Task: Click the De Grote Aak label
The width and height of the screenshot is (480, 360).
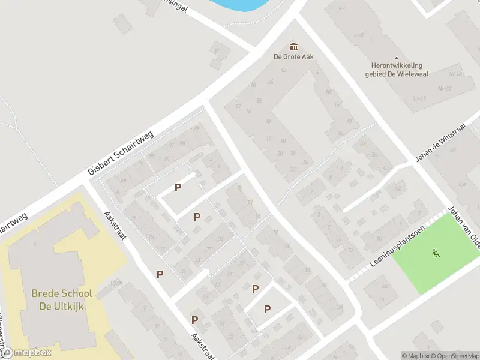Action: pos(294,57)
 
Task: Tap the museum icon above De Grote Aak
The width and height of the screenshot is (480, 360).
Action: pos(294,46)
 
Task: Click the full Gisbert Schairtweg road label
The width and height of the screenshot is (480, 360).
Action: pos(121,153)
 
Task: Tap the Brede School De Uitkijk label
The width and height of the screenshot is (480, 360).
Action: pos(62,299)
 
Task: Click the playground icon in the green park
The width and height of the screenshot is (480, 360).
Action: pos(436,254)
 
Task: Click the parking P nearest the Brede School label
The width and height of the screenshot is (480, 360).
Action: pos(160,274)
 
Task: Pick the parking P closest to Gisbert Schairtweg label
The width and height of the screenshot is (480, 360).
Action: pos(178,188)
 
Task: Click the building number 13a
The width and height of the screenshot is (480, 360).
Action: pos(461,184)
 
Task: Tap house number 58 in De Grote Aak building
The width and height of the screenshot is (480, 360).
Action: pos(258,100)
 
